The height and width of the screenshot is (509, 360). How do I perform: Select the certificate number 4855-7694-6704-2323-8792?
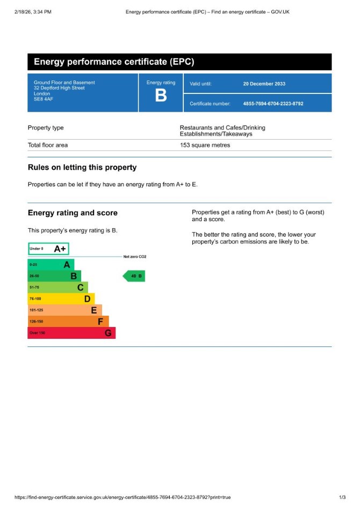[273, 104]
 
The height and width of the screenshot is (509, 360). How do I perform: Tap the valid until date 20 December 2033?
[264, 84]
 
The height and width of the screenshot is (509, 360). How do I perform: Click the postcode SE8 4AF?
[44, 99]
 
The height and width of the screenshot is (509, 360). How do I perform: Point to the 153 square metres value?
[205, 145]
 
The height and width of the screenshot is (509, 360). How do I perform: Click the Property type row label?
[46, 128]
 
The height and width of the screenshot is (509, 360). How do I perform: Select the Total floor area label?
[48, 145]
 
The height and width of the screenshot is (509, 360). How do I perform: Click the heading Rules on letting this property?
[82, 168]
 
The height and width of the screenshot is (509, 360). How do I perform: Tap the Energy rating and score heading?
[73, 213]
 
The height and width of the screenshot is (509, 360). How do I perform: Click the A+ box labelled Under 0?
[48, 249]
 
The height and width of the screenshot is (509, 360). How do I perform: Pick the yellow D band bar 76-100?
[61, 299]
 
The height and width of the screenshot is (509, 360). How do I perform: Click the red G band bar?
[71, 333]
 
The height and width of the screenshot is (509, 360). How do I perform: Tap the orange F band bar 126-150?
[68, 321]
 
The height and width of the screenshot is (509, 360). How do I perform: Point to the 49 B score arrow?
[134, 277]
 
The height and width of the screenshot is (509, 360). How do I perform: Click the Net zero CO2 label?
[135, 257]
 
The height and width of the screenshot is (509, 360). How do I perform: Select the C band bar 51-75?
[57, 287]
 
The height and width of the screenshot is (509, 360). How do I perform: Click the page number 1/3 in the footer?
[342, 497]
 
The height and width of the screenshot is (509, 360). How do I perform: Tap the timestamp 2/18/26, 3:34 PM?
[33, 11]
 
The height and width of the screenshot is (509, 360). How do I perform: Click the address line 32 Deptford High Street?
[59, 88]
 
